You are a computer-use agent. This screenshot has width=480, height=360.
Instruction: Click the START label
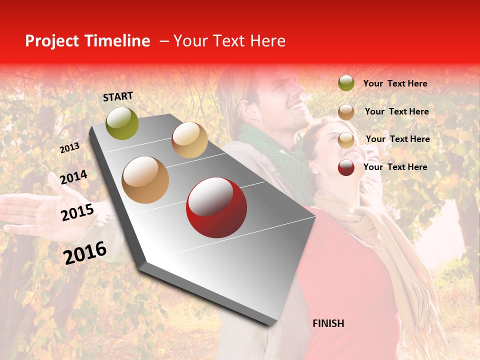point(118,96)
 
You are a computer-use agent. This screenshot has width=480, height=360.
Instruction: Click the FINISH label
point(328,323)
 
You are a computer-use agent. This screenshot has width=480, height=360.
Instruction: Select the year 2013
point(69,148)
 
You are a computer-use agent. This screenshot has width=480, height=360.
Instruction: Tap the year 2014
point(73,177)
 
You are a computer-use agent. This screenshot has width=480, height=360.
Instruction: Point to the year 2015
point(77,212)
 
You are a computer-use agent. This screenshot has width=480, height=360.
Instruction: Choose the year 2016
point(85,252)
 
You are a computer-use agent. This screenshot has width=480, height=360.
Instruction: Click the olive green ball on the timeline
point(122,123)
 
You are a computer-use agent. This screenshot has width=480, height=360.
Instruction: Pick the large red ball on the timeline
point(216,207)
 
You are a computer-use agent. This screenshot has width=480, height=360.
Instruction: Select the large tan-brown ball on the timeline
point(145,180)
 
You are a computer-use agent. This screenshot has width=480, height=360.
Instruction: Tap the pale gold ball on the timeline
point(189,140)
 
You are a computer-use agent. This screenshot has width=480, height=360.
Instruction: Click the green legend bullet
point(346,83)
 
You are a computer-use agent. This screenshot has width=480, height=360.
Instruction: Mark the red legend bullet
point(346,167)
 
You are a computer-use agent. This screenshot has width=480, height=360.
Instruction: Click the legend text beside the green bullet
point(395,84)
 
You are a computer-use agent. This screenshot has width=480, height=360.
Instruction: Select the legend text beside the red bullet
point(395,167)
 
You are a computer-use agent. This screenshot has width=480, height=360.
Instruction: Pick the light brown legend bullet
point(346,112)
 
